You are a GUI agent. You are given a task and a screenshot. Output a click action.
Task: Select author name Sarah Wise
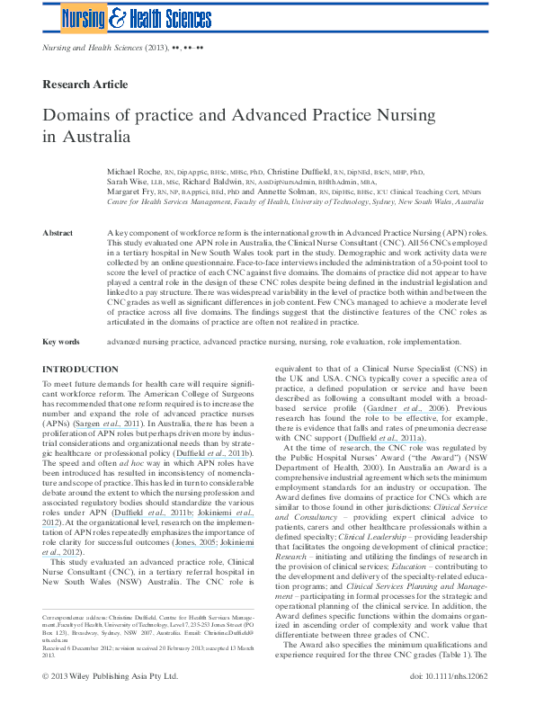[127, 182]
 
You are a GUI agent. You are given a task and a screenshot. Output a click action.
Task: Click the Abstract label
[58, 233]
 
